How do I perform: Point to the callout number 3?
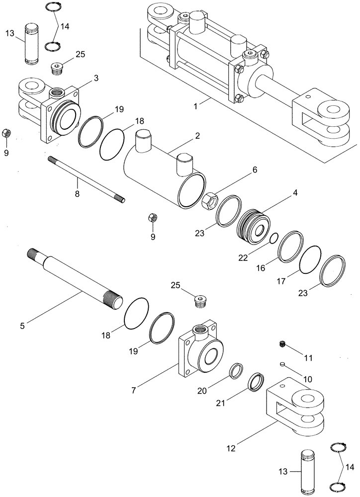pyautogui.click(x=95, y=78)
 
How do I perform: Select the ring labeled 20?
pyautogui.click(x=237, y=371)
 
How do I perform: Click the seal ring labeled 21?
pyautogui.click(x=259, y=382)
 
